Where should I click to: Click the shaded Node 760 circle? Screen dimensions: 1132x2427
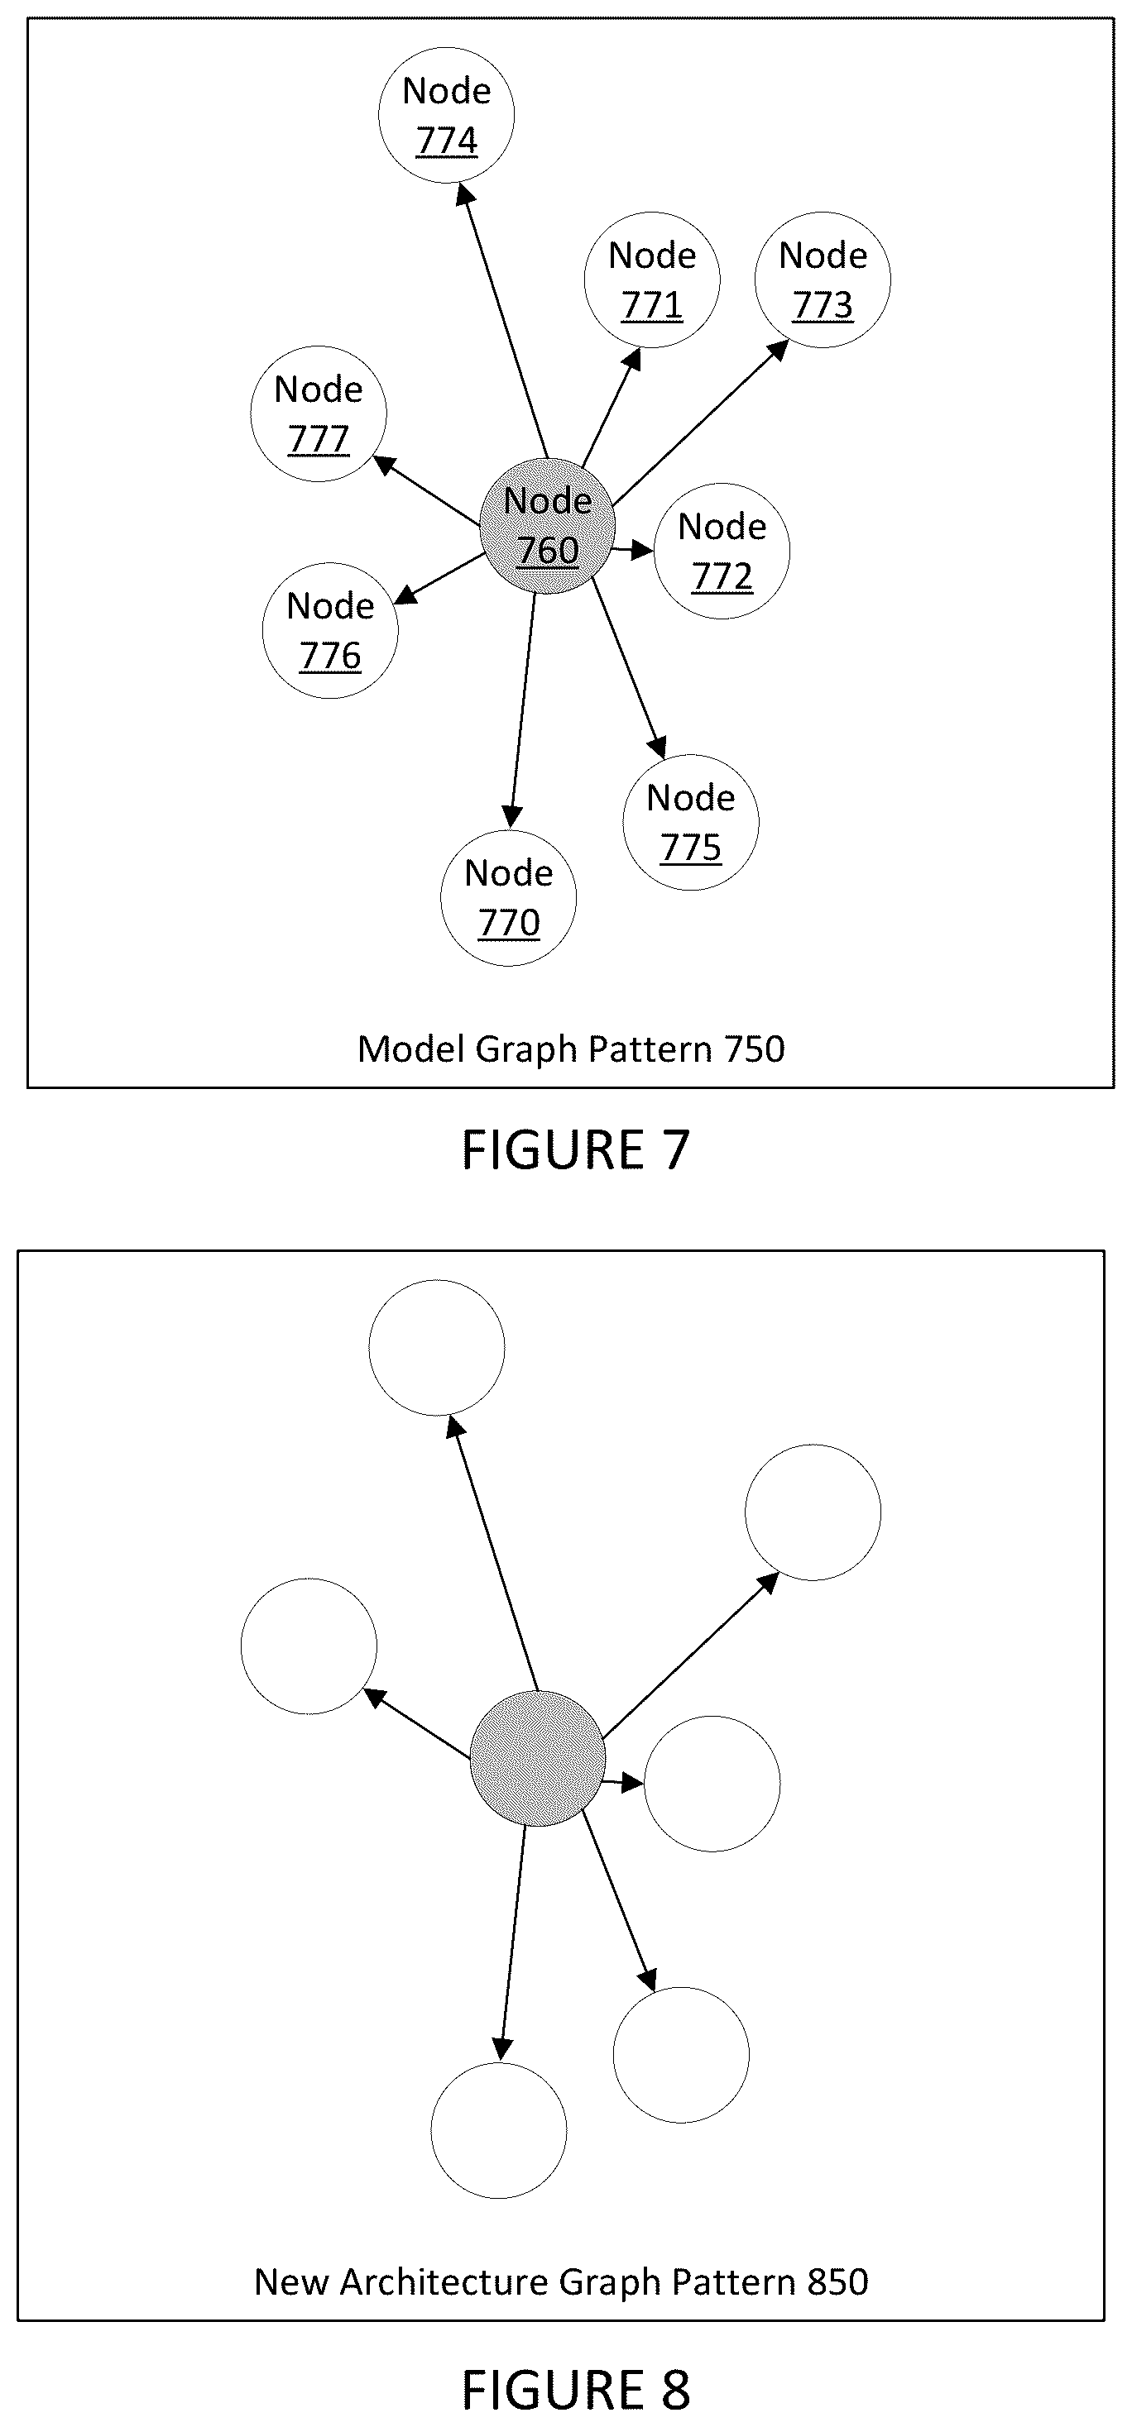click(x=548, y=526)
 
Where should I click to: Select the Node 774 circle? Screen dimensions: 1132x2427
click(x=446, y=115)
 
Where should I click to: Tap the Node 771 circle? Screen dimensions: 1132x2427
click(x=652, y=279)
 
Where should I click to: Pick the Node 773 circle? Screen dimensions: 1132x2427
click(x=823, y=279)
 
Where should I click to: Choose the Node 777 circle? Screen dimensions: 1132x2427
click(x=319, y=413)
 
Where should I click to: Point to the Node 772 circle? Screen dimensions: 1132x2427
click(x=722, y=552)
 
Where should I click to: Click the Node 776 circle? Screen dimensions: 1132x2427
click(x=330, y=630)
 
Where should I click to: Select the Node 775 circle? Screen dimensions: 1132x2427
click(x=691, y=823)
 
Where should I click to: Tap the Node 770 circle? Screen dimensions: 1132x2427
click(x=509, y=898)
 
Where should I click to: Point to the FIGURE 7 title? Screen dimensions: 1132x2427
click(x=576, y=1150)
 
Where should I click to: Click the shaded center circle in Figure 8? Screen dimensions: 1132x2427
click(x=537, y=1759)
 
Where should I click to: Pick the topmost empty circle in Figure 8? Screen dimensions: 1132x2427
click(x=436, y=1347)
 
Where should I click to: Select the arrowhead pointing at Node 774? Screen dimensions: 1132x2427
click(x=463, y=193)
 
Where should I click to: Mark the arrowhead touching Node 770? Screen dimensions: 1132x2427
click(x=511, y=816)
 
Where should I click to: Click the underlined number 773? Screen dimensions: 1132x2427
click(x=823, y=305)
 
